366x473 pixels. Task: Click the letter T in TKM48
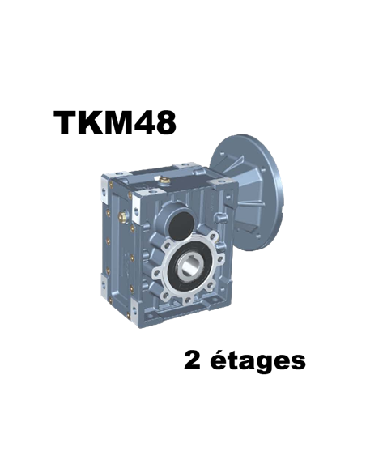pyautogui.click(x=65, y=122)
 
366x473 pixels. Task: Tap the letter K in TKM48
pyautogui.click(x=88, y=122)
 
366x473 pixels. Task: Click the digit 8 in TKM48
pyautogui.click(x=164, y=122)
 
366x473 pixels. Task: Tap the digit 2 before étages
pyautogui.click(x=193, y=360)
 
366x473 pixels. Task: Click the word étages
pyautogui.click(x=257, y=360)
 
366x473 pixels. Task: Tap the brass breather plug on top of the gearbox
pyautogui.click(x=164, y=181)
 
